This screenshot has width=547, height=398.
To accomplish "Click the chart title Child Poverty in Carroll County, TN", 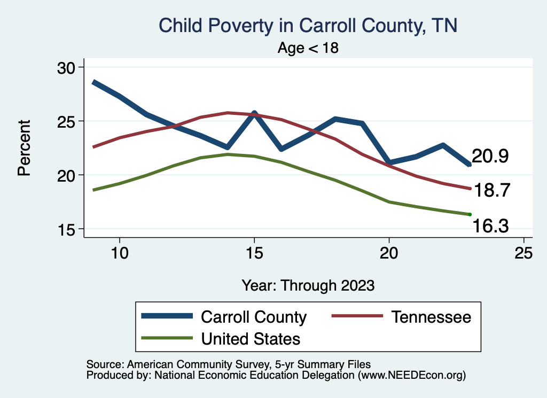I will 308,26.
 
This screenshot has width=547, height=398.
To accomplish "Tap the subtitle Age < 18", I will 308,48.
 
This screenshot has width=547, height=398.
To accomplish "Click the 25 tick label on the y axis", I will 67,121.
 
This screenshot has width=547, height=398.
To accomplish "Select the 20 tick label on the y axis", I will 67,175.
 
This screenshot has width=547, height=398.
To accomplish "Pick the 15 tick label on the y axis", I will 67,230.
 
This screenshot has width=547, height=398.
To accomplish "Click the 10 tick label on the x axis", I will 120,253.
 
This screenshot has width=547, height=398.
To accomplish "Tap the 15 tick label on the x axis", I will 254,253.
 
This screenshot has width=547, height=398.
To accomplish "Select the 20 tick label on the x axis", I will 389,253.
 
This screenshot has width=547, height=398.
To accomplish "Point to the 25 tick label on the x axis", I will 523,253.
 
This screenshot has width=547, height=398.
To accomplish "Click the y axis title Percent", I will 24,147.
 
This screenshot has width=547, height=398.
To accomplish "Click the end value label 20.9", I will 490,157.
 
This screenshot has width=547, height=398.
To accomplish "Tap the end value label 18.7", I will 493,190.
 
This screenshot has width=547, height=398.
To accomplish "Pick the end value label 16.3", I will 490,228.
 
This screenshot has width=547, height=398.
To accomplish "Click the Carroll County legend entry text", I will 253,317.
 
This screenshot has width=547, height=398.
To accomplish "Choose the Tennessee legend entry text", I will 431,317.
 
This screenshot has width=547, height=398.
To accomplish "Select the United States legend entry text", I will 250,339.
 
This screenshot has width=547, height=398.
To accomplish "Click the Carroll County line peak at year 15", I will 254,113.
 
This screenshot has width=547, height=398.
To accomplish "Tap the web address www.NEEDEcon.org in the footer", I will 411,376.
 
